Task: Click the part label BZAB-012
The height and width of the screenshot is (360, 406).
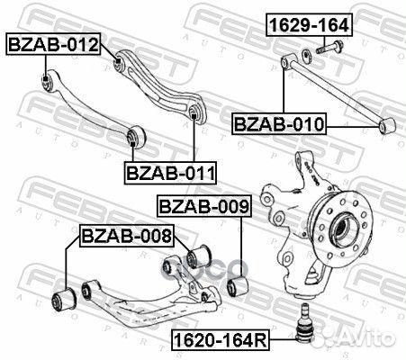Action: tap(53, 42)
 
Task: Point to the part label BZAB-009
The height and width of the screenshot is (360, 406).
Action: tap(203, 208)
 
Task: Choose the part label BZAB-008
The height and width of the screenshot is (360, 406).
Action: tap(126, 237)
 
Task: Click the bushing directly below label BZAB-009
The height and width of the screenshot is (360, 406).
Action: tap(239, 286)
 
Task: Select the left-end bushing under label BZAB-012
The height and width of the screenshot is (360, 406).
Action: tap(47, 84)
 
